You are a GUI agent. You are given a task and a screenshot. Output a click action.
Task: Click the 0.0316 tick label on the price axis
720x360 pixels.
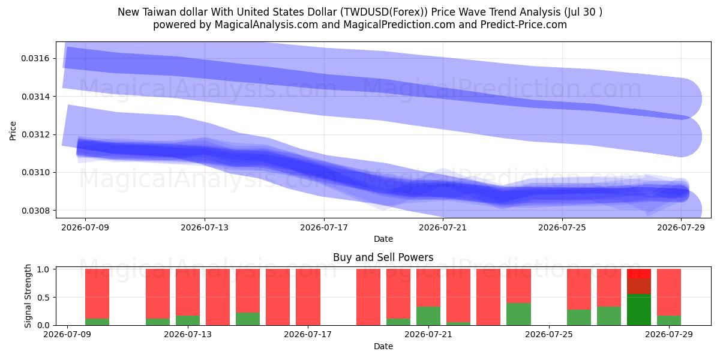tap(35, 59)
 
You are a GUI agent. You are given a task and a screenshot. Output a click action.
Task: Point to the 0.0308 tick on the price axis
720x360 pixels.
tap(35, 211)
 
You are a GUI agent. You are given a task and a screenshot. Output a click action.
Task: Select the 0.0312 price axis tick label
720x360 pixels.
tap(35, 134)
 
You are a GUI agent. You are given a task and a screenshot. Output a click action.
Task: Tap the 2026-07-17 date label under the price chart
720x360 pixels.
tap(323, 227)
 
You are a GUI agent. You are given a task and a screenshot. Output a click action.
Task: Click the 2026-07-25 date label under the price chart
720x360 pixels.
tap(562, 227)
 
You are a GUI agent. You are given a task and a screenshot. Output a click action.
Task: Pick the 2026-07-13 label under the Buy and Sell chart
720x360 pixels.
tap(188, 334)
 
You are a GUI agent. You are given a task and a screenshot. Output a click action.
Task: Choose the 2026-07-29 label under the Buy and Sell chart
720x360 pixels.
tap(669, 334)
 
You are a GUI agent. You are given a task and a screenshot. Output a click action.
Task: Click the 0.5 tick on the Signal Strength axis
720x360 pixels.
tap(43, 298)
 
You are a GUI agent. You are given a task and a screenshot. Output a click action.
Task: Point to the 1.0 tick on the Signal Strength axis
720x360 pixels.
tap(43, 269)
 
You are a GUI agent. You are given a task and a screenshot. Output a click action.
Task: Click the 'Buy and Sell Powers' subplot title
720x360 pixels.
tap(383, 257)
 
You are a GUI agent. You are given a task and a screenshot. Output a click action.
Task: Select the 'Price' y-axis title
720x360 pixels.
tap(13, 131)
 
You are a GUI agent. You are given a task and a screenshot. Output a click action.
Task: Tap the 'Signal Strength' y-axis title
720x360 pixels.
tap(28, 296)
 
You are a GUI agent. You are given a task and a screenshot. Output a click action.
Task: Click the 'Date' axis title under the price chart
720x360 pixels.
tap(383, 239)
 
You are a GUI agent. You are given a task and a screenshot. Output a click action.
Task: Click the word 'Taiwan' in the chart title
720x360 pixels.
tap(160, 12)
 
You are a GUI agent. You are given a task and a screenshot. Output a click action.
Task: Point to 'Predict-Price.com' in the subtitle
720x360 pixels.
tap(524, 25)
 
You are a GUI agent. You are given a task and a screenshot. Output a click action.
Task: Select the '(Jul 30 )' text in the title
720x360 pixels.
tap(583, 12)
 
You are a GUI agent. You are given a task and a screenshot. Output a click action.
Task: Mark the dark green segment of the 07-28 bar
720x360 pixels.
tap(639, 310)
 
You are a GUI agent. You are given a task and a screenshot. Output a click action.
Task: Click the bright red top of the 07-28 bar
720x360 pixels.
tap(639, 274)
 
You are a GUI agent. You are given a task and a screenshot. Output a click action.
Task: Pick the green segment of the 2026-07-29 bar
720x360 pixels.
tap(669, 320)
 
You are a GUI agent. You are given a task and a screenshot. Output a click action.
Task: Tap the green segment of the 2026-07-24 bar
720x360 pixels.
tap(518, 314)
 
